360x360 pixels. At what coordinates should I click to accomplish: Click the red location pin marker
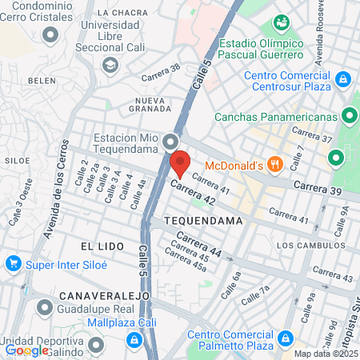point(180,163)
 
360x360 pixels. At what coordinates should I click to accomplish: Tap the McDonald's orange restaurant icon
point(275,165)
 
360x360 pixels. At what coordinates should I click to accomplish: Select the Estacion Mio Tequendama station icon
point(170,142)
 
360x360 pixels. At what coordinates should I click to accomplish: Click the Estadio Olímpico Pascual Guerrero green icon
point(281,22)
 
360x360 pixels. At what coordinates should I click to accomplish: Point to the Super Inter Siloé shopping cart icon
point(13,262)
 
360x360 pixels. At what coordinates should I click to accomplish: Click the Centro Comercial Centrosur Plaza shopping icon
point(342,79)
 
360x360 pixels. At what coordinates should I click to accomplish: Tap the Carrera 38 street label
point(161,74)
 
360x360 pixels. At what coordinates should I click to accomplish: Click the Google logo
point(26,350)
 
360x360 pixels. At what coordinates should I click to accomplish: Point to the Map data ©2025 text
point(324,354)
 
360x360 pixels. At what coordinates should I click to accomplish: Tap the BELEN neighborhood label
point(42,81)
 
